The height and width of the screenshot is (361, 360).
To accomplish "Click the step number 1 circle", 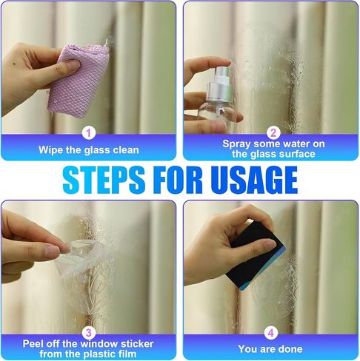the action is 89,133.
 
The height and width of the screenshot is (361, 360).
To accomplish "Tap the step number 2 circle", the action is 273,133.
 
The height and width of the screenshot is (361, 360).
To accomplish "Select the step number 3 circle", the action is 89,333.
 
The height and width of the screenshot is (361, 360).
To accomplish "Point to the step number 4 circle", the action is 271,333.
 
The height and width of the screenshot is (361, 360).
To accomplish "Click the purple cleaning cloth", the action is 79,80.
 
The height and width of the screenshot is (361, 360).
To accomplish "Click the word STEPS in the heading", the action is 104,179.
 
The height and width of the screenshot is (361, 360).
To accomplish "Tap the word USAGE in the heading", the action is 254,179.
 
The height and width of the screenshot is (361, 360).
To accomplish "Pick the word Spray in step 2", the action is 236,144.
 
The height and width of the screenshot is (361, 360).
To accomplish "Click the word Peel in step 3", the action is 32,344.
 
